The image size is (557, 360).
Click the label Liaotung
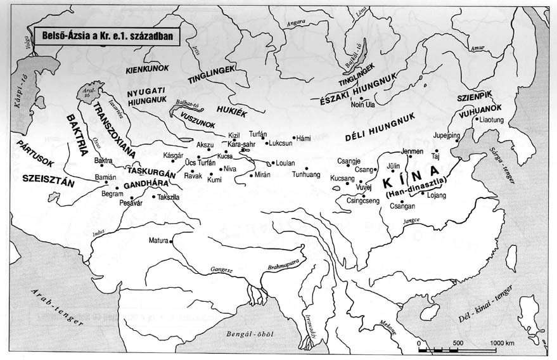click(x=492, y=119)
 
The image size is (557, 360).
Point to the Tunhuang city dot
click(x=305, y=169)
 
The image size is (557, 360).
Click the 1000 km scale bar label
click(x=501, y=343)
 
